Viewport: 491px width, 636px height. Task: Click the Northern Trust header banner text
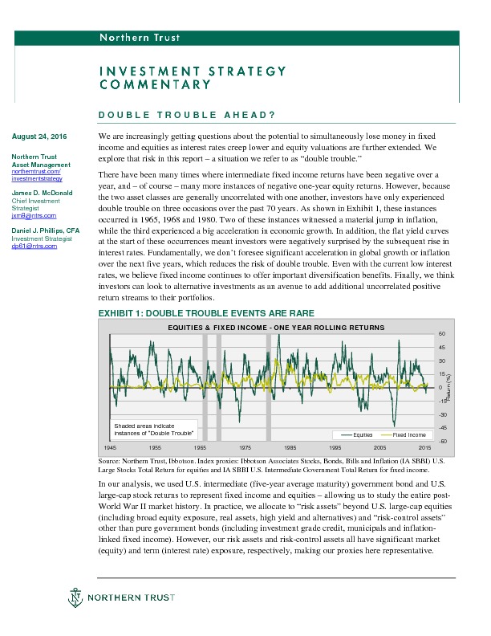click(x=139, y=38)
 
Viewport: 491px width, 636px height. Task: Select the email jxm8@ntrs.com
click(x=28, y=216)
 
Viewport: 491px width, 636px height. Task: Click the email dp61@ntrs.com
click(x=29, y=245)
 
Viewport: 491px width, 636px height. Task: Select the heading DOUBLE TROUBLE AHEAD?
click(x=187, y=115)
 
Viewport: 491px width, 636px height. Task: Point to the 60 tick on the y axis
click(x=441, y=334)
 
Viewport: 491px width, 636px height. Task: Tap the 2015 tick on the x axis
click(x=425, y=446)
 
